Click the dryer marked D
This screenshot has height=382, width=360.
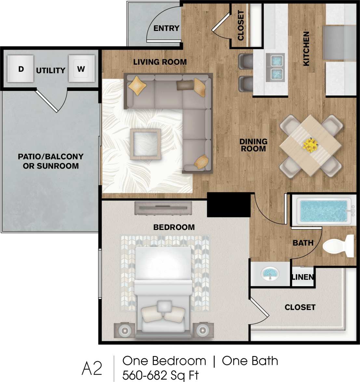click(x=21, y=69)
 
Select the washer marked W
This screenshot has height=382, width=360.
click(x=81, y=69)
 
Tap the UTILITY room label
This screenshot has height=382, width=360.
click(x=51, y=70)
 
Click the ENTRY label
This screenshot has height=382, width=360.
click(x=166, y=28)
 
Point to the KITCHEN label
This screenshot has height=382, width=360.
click(x=306, y=49)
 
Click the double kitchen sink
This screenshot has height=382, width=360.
click(x=275, y=67)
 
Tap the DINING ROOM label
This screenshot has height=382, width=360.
click(x=253, y=145)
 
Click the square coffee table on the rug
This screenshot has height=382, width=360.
click(x=145, y=144)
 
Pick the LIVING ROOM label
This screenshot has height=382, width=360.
click(x=160, y=62)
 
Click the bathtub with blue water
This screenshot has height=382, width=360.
click(x=323, y=211)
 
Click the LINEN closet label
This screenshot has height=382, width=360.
click(x=303, y=277)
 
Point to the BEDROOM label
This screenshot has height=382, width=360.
click(x=174, y=227)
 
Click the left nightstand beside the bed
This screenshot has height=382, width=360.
click(x=124, y=331)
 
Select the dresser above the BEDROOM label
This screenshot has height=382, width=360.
click(x=163, y=208)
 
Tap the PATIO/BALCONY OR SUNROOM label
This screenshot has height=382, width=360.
click(x=51, y=161)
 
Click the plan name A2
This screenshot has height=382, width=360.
click(x=92, y=368)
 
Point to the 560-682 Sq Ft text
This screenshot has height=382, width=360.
click(x=160, y=375)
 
